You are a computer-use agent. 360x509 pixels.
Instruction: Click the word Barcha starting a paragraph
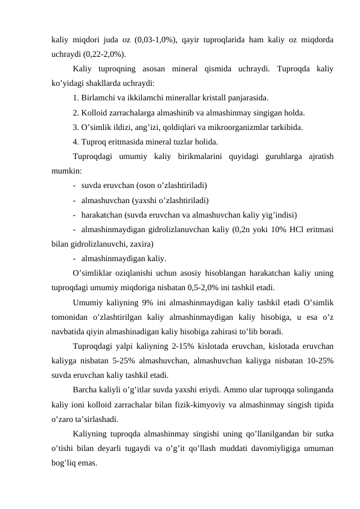click(87, 390)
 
